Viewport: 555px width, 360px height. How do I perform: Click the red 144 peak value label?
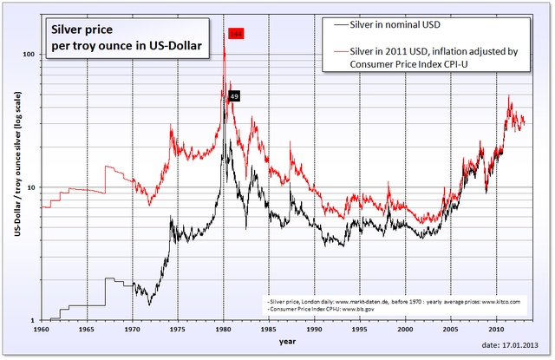[236, 34]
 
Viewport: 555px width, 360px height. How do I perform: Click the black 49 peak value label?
[234, 95]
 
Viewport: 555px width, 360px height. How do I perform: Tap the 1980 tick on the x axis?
[224, 330]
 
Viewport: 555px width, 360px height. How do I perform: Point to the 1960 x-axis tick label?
[41, 330]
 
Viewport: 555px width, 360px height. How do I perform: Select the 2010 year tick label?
[495, 330]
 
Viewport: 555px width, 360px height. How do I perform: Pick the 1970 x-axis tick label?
[132, 330]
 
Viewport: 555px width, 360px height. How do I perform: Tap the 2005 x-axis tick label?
[450, 330]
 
